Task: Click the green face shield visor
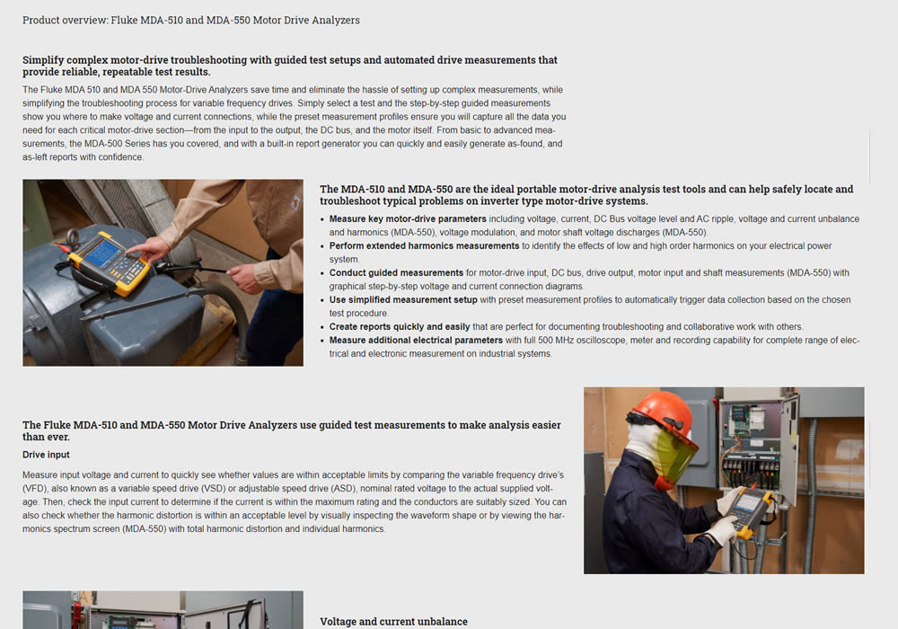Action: (x=676, y=454)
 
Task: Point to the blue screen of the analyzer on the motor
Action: (x=103, y=252)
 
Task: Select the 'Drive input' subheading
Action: (x=46, y=455)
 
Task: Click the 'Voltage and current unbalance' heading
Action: (x=393, y=622)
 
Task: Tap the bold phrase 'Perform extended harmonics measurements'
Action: (x=424, y=245)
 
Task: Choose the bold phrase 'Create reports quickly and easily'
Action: (x=400, y=326)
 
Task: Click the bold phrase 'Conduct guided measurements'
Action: (x=396, y=272)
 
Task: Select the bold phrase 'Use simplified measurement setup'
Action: (x=403, y=299)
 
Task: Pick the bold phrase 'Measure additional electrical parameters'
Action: (x=416, y=341)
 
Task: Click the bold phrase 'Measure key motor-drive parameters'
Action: (x=408, y=219)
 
